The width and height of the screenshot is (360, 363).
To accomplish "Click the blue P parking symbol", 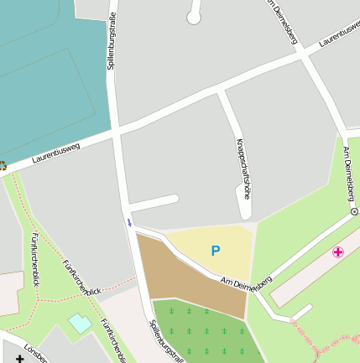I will (x=216, y=251).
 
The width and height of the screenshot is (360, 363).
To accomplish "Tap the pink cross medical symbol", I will (x=338, y=252).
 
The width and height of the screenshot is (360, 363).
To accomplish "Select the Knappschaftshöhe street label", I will (x=244, y=168).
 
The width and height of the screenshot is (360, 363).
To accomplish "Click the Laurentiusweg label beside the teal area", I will (x=55, y=151).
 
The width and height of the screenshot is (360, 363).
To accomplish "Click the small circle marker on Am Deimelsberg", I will (x=354, y=212).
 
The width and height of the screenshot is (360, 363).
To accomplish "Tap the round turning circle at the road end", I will (x=194, y=17).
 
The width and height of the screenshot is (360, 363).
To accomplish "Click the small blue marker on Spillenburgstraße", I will (x=129, y=222).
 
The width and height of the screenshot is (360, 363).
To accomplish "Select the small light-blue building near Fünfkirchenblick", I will (x=80, y=323).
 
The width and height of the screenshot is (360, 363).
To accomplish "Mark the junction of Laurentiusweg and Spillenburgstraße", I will (x=115, y=131).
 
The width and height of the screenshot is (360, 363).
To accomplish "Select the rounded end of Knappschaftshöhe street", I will (x=247, y=215).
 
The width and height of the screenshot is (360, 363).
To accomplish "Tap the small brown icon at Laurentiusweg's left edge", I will (x=3, y=166).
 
